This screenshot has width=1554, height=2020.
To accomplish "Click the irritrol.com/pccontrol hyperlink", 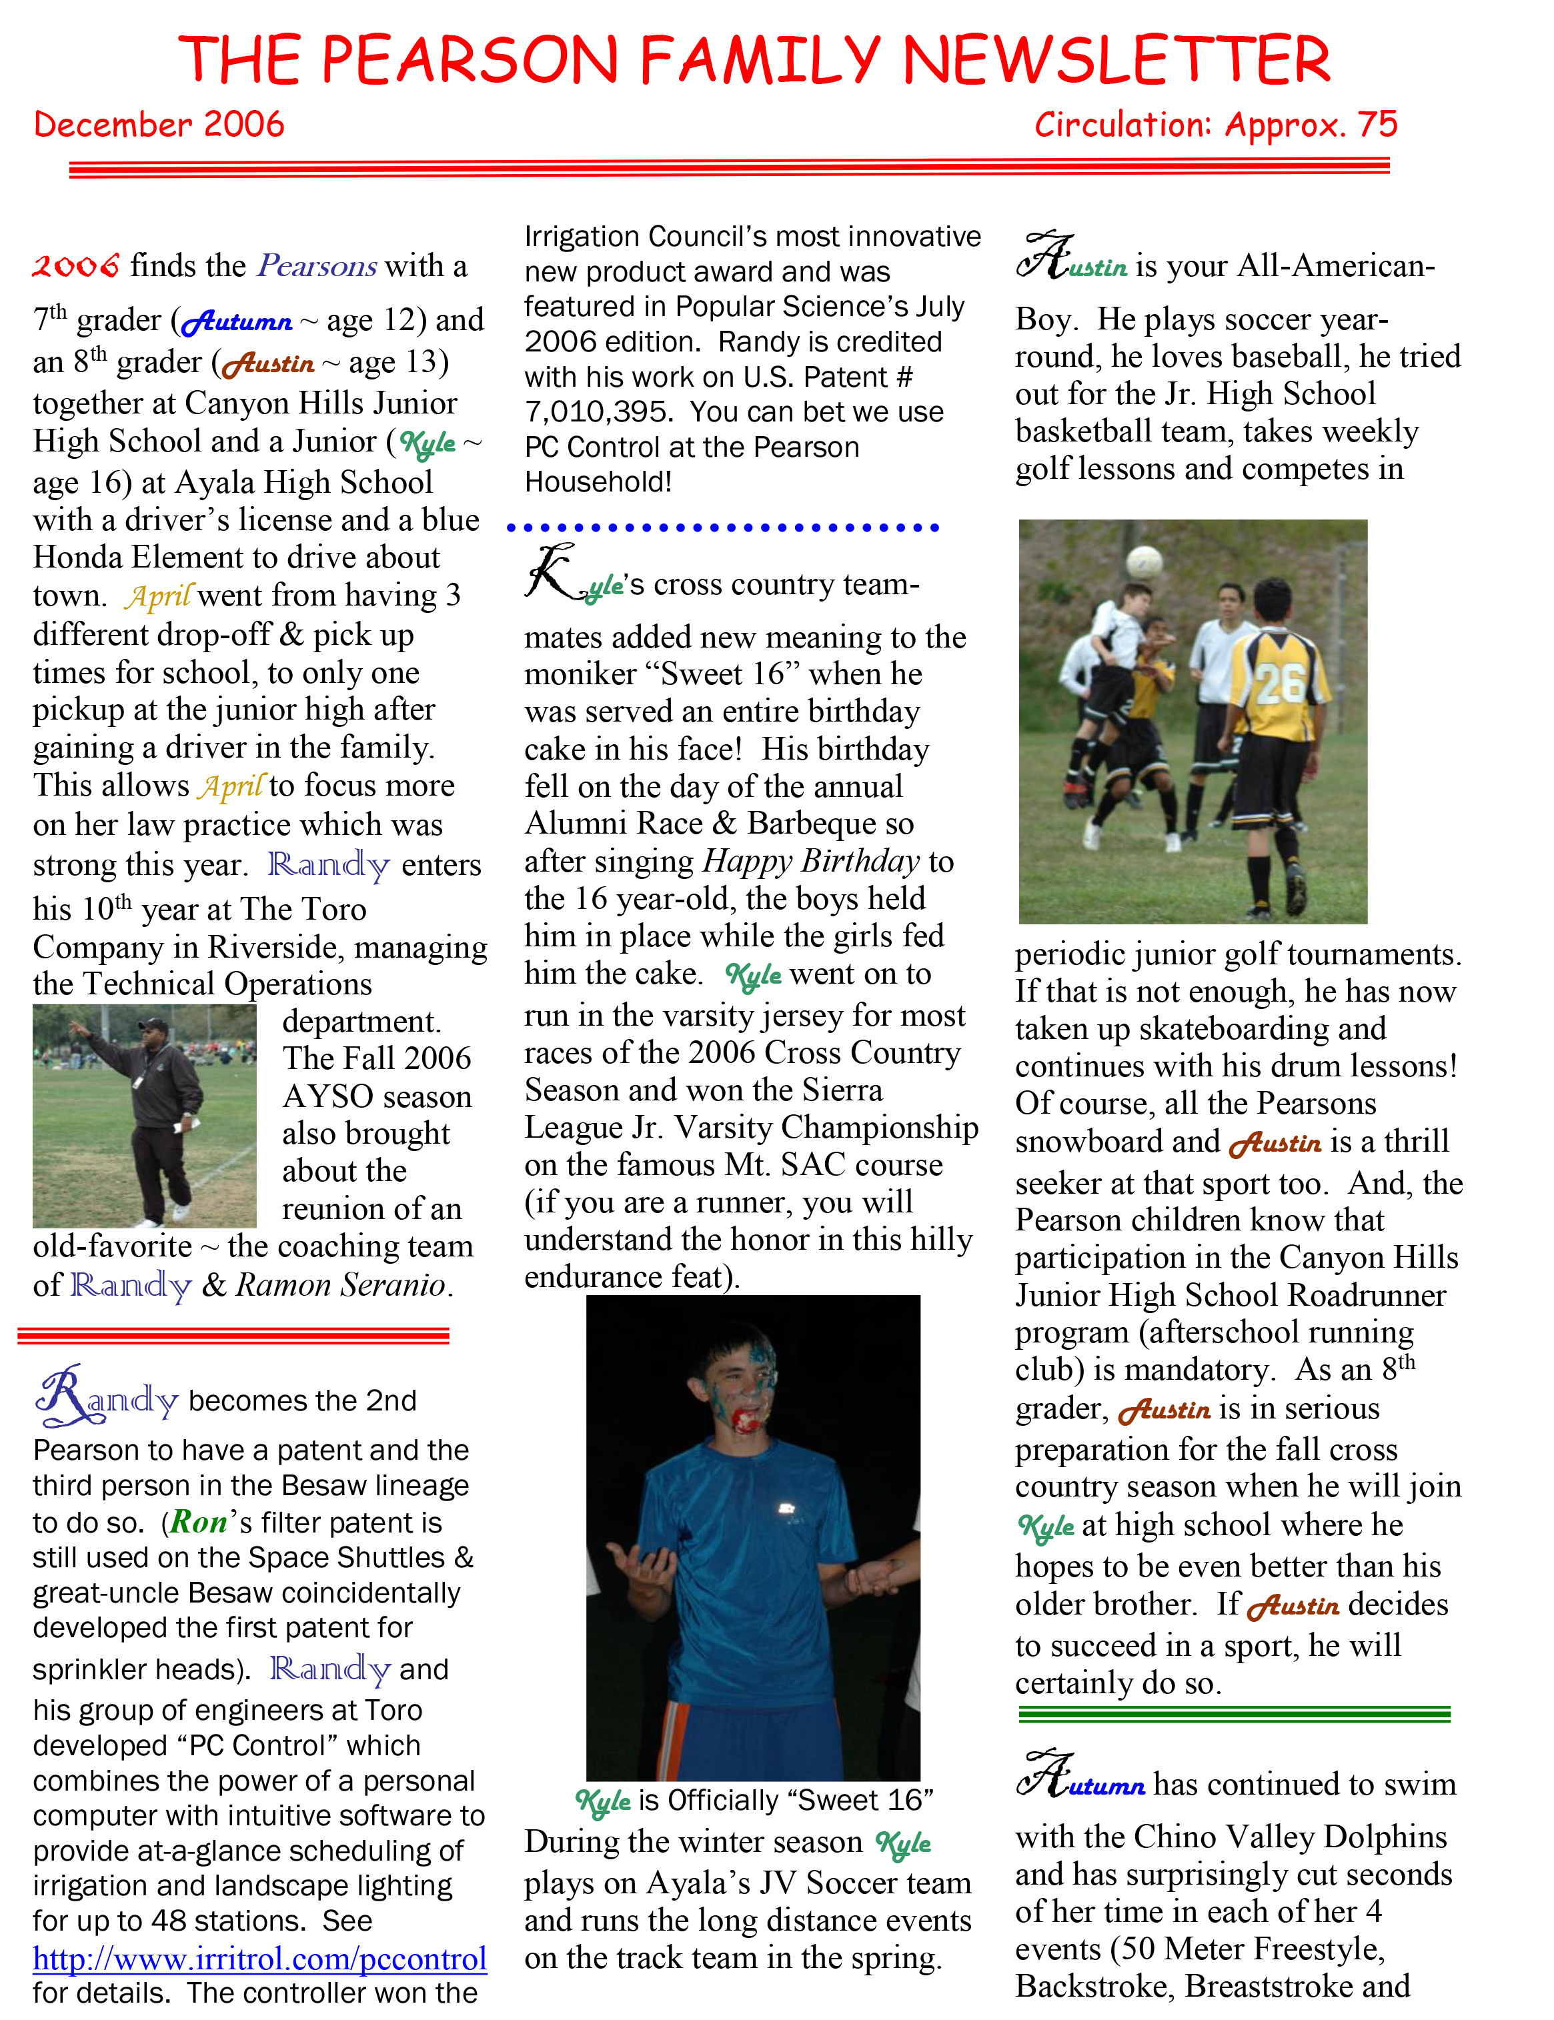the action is (x=260, y=1958).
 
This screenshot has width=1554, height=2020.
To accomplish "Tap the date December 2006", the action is (x=159, y=125).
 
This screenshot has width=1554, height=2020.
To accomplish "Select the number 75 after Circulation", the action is (x=1377, y=125).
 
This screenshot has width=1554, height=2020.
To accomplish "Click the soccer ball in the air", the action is (x=1145, y=562).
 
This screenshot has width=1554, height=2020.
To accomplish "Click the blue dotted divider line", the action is (x=722, y=528).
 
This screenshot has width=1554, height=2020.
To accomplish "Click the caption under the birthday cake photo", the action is (x=754, y=1800).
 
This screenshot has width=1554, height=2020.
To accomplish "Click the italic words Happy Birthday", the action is (x=811, y=861).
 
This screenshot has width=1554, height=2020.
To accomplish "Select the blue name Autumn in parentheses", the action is (x=237, y=322).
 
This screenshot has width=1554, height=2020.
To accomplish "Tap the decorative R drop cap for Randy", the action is (x=61, y=1394).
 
